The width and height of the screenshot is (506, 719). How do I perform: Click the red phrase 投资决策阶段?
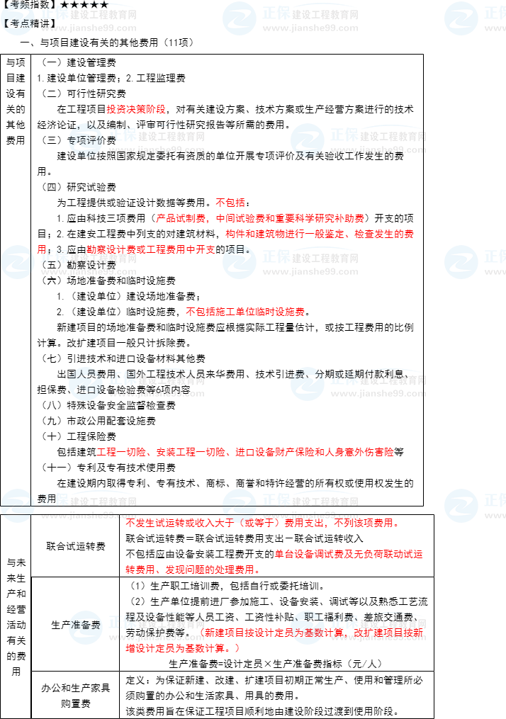(x=136, y=109)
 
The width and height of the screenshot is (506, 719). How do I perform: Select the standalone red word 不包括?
(x=230, y=203)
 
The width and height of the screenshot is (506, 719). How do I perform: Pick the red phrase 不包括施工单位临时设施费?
(x=245, y=312)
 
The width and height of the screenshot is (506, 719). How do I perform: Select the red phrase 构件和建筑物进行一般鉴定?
(x=283, y=234)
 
